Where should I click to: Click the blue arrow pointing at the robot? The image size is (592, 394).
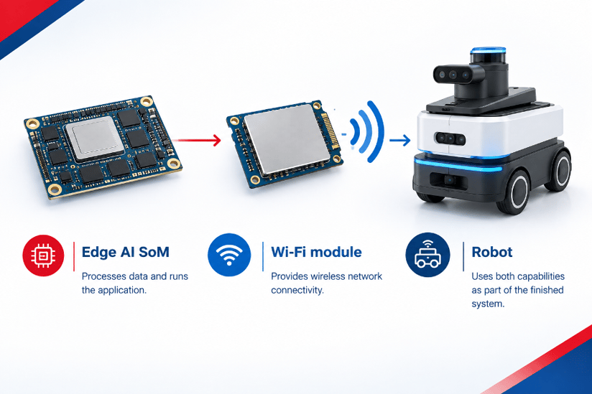[400, 140]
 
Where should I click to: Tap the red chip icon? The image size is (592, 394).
[43, 255]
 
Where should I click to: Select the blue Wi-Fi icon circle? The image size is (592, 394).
[229, 255]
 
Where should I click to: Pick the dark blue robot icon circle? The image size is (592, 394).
[427, 255]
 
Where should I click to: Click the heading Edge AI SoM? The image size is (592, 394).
[125, 252]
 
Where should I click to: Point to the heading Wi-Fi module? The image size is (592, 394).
[316, 252]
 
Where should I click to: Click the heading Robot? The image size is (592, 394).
[492, 252]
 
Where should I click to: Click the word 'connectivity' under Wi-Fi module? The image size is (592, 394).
[297, 291]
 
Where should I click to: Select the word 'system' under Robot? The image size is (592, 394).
[487, 304]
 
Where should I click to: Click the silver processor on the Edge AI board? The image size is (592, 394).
[95, 139]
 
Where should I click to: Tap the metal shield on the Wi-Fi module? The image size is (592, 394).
[287, 139]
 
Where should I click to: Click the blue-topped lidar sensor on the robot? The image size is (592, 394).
[488, 57]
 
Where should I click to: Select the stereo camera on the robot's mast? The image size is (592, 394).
[458, 75]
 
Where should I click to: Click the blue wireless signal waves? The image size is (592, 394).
[366, 132]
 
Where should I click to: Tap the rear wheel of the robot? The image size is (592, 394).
[558, 170]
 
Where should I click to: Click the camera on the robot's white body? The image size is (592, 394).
[450, 139]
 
